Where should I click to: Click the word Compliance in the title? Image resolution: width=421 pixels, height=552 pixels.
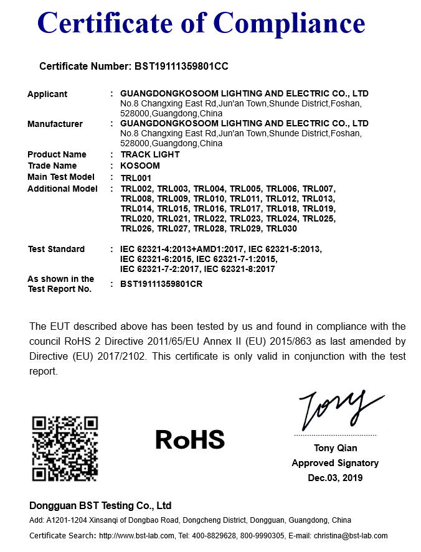coord(290,24)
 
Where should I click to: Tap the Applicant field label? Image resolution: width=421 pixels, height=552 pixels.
coord(47,94)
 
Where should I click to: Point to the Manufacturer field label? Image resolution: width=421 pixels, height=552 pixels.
coord(55,124)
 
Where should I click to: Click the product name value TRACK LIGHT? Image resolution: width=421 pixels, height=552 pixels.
coord(150,154)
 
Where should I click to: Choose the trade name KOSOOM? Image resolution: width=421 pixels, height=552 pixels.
coord(140,166)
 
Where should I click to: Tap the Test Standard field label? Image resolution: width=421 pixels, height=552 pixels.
coord(56,249)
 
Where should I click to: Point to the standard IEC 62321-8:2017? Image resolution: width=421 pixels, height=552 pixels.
coord(240,269)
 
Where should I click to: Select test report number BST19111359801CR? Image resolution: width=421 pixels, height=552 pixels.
coord(161,284)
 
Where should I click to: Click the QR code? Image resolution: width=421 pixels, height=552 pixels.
coord(65,449)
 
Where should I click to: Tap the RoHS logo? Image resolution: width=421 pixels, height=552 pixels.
coord(189,439)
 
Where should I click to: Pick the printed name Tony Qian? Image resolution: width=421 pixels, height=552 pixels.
coord(335,448)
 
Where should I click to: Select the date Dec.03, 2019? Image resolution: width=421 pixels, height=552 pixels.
coord(335,478)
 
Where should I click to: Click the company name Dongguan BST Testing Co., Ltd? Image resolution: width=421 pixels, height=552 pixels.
coord(100,505)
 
